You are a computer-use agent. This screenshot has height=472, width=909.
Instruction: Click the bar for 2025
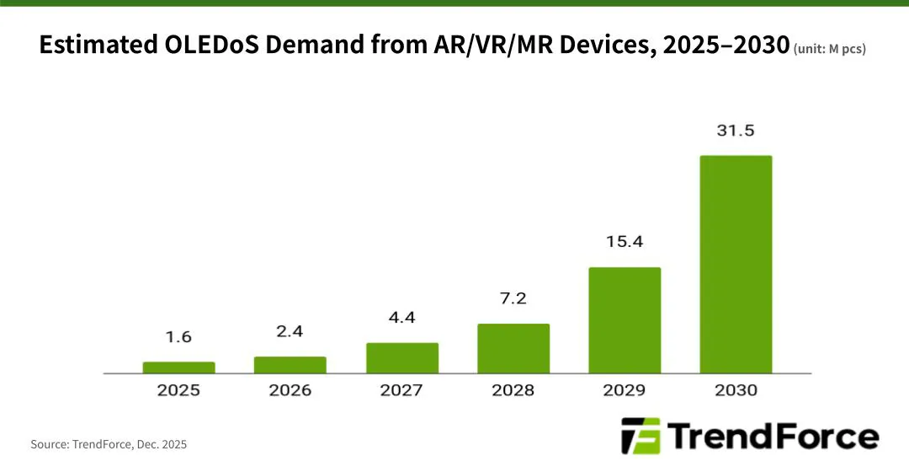click(x=178, y=367)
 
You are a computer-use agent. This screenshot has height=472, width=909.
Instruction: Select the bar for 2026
click(x=290, y=365)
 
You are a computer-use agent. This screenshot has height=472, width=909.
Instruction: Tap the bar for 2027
click(x=401, y=358)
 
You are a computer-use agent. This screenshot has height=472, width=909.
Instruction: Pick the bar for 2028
click(x=513, y=348)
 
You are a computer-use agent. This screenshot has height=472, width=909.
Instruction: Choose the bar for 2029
click(x=625, y=320)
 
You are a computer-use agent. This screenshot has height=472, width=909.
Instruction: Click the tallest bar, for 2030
click(x=736, y=264)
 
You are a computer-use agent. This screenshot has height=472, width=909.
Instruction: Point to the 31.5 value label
click(x=736, y=131)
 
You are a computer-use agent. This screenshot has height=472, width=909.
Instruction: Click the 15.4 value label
click(x=625, y=243)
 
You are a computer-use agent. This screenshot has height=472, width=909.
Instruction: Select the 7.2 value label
click(x=513, y=299)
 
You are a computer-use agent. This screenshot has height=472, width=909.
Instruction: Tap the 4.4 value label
click(x=401, y=318)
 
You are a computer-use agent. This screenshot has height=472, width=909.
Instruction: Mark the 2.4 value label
click(x=290, y=332)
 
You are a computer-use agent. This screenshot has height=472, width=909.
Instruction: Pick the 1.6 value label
click(x=178, y=337)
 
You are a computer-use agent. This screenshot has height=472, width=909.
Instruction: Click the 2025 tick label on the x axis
click(x=178, y=390)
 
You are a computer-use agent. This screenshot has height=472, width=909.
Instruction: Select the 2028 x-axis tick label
click(x=513, y=390)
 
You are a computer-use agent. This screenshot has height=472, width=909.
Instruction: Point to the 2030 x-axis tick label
click(x=736, y=390)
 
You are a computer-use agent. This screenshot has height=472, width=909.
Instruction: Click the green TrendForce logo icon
click(x=641, y=436)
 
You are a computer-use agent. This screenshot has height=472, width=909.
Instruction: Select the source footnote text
click(x=109, y=443)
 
